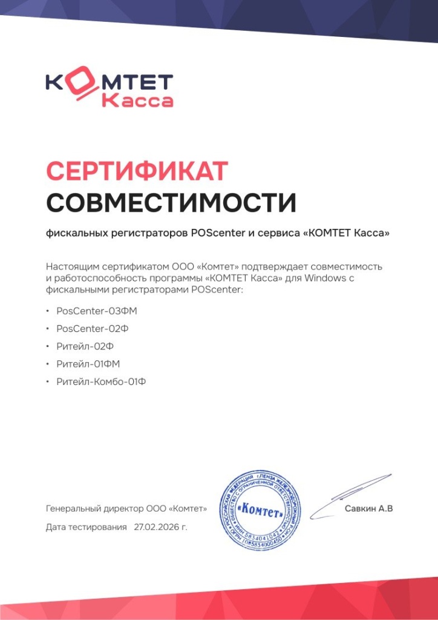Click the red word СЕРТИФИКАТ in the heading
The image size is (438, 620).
(x=137, y=171)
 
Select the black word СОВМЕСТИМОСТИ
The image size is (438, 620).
(x=171, y=202)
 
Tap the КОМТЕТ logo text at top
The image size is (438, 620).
(x=109, y=84)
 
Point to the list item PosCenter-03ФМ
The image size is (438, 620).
(x=93, y=311)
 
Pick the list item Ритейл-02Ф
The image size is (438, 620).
(x=85, y=346)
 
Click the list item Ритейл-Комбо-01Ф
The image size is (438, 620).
(x=101, y=382)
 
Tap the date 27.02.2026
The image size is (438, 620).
(x=160, y=527)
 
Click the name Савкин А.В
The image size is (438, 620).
(x=369, y=509)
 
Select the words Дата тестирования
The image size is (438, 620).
(x=87, y=527)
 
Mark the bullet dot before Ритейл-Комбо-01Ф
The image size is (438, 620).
(x=48, y=382)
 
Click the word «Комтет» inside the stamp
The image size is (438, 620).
(x=261, y=510)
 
